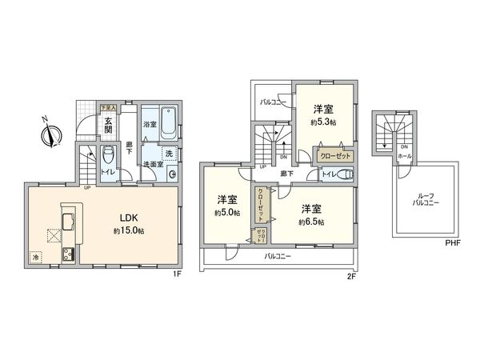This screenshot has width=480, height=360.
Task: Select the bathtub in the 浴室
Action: click(170, 122)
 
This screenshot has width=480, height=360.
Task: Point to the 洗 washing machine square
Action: click(169, 153)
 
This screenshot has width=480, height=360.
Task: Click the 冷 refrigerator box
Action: click(35, 257)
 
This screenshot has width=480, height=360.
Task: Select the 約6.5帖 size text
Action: click(312, 221)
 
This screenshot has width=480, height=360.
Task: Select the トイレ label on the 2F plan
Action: click(327, 174)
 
